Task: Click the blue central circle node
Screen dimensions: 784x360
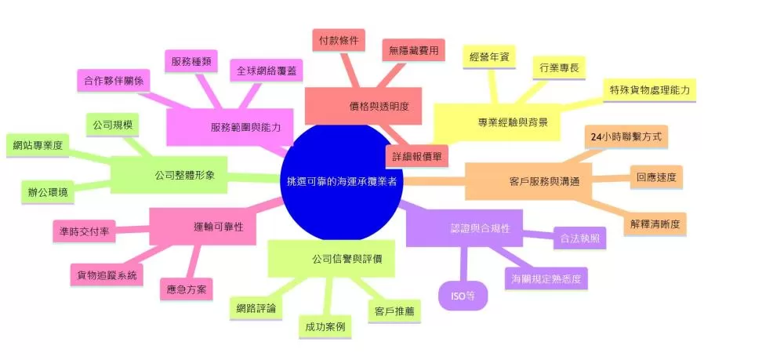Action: pos(342,181)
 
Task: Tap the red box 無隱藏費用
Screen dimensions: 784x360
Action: pos(413,51)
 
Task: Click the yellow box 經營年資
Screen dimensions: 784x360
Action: pos(489,57)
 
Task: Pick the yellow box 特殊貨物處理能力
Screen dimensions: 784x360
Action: pos(649,90)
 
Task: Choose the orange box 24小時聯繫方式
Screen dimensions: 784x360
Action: pos(626,137)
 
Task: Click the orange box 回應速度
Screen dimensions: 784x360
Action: pos(656,177)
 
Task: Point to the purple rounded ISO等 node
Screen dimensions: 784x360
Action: pos(463,296)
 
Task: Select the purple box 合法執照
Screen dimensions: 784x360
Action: pos(580,238)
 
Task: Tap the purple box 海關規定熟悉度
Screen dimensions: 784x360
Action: pos(546,278)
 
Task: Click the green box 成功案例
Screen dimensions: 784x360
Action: pos(325,327)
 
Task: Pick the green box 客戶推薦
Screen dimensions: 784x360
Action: pos(394,311)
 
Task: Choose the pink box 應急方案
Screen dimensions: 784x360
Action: pos(187,289)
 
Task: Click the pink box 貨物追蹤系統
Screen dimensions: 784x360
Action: pos(107,275)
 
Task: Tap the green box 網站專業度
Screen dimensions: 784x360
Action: pos(38,146)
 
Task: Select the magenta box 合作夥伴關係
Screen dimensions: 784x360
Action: pos(114,81)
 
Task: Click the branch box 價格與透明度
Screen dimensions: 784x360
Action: pos(364,106)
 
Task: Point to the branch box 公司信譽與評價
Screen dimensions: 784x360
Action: pos(332,259)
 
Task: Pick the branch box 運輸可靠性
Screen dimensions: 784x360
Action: pos(202,227)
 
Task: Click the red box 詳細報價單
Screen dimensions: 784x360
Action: pos(416,156)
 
